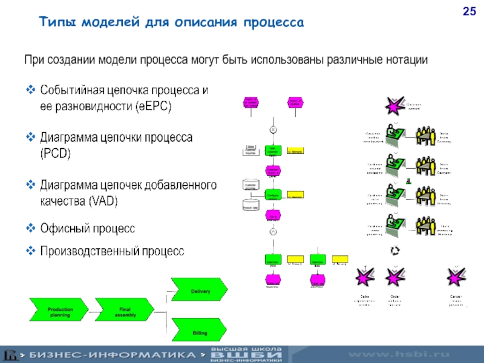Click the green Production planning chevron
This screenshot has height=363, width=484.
[60, 312]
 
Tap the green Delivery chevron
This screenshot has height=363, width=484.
[200, 292]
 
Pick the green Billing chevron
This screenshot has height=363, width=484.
[200, 332]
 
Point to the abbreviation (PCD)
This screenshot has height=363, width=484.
[55, 154]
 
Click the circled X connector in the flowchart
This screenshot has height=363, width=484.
[273, 129]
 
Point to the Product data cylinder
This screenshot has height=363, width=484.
[250, 204]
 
